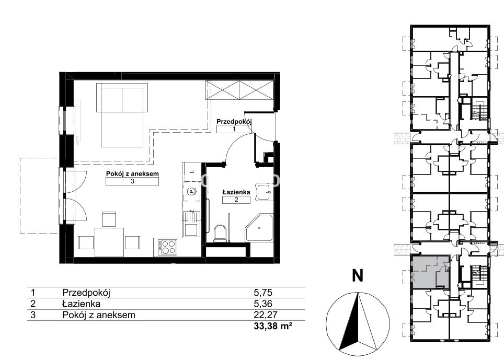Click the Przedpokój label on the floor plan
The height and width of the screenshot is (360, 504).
[x=234, y=122]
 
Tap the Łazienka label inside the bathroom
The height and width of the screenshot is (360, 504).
[x=236, y=192]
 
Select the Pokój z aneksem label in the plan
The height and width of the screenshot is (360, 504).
[x=132, y=174]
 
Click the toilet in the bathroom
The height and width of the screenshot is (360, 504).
[x=220, y=233]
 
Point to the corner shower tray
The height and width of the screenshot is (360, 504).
[x=259, y=228]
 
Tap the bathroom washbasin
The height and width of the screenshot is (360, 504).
[x=264, y=192]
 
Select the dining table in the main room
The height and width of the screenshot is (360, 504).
[x=109, y=242]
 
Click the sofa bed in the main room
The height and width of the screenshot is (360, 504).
[x=122, y=114]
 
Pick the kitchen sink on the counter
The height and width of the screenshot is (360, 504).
[x=191, y=229]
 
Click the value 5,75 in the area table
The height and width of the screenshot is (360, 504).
[x=263, y=293]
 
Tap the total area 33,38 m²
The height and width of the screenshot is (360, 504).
[x=273, y=326]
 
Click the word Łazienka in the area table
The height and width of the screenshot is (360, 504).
[x=82, y=304]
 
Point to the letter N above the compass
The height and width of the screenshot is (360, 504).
[x=358, y=276]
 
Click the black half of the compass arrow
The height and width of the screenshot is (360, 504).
[x=349, y=321]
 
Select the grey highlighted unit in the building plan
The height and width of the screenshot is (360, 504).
[x=430, y=272]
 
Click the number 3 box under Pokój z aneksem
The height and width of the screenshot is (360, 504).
[x=132, y=181]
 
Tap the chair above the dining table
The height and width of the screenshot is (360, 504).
[x=109, y=219]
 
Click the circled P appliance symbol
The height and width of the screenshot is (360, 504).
[x=191, y=192]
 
